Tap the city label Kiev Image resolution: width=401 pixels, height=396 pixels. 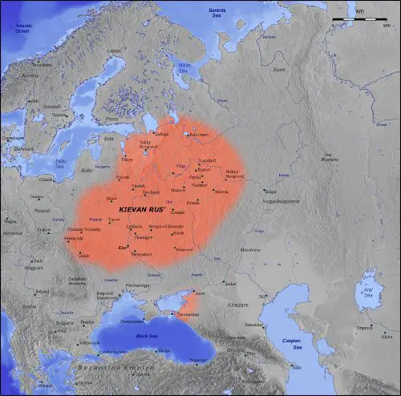[123, 249]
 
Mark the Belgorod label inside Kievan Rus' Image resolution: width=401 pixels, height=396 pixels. [185, 249]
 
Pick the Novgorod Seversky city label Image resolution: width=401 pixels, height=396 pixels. [164, 226]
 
